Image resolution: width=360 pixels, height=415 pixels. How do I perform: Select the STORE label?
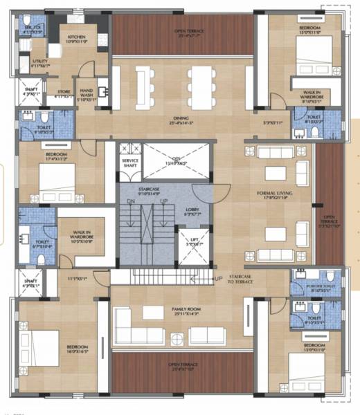[64, 92]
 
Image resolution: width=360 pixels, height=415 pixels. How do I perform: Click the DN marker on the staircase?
[130, 202]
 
